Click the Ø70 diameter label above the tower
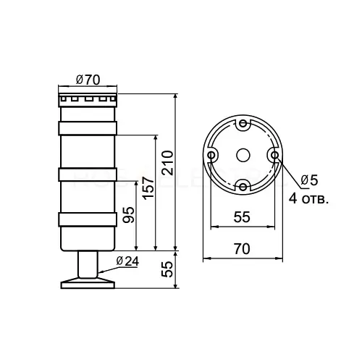[88, 80]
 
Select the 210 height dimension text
[168, 163]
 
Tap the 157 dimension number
[148, 188]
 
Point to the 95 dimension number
[128, 215]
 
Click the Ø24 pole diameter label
[127, 261]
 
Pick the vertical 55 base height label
[167, 269]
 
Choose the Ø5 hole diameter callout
[310, 180]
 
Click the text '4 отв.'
[309, 199]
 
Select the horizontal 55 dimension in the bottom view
[242, 216]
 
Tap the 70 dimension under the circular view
[242, 248]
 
